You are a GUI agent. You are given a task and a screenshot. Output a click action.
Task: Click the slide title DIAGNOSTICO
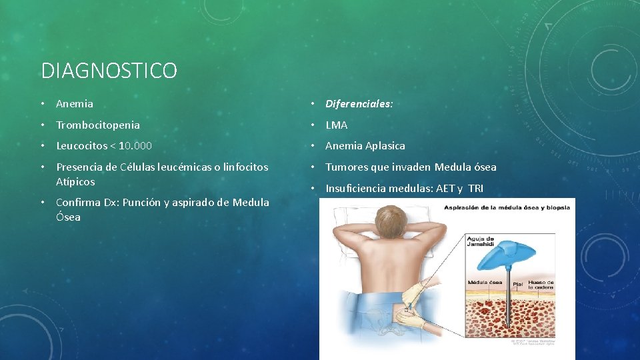109,70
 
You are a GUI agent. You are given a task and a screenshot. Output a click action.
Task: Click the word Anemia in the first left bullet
75,104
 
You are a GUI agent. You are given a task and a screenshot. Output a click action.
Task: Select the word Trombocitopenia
98,125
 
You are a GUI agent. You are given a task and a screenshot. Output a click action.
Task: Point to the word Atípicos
75,181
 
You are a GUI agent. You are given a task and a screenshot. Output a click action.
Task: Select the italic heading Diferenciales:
359,104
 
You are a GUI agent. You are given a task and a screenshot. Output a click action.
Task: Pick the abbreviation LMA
337,125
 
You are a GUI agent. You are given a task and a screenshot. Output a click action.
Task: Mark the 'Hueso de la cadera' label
542,285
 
